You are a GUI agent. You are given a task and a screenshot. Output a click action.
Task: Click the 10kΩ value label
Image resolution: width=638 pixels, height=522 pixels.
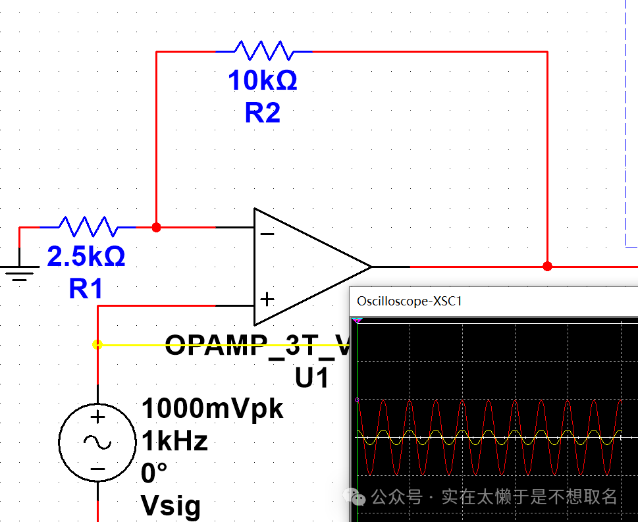point(262,81)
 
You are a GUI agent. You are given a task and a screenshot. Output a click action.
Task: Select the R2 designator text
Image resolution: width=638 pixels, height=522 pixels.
point(262,113)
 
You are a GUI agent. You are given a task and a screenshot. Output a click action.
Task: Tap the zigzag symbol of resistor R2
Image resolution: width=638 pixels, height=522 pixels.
point(263,51)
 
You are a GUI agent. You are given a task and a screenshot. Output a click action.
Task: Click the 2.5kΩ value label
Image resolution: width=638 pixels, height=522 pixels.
point(86,257)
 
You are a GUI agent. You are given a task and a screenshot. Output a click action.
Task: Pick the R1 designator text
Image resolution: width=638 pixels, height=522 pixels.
point(86,288)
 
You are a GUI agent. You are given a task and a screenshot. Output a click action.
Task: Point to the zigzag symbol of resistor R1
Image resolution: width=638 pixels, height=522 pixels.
point(88,227)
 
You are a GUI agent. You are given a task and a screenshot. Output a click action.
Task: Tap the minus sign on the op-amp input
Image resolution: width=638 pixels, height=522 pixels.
point(267,233)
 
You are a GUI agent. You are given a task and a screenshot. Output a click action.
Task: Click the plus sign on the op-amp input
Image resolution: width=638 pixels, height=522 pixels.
point(267,300)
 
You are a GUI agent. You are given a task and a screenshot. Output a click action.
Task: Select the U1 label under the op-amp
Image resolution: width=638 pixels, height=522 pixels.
point(312,378)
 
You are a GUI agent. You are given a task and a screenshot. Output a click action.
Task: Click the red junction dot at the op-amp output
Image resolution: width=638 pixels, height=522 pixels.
point(547,266)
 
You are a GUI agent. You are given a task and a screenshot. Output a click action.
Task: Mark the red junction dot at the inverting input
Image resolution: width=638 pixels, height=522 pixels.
point(156,227)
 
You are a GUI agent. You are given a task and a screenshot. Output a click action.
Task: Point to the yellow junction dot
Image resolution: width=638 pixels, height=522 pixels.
point(97,344)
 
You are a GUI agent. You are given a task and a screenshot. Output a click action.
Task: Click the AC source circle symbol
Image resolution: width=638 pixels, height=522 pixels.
point(97,442)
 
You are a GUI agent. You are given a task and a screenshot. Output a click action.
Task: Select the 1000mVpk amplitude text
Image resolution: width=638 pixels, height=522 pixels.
point(212,409)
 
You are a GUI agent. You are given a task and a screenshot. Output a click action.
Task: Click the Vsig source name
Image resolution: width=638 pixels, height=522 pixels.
point(171,506)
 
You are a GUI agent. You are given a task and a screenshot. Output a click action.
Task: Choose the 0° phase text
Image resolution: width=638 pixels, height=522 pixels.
point(154,473)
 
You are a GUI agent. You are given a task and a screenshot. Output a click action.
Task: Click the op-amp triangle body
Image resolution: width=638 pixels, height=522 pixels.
point(303,267)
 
